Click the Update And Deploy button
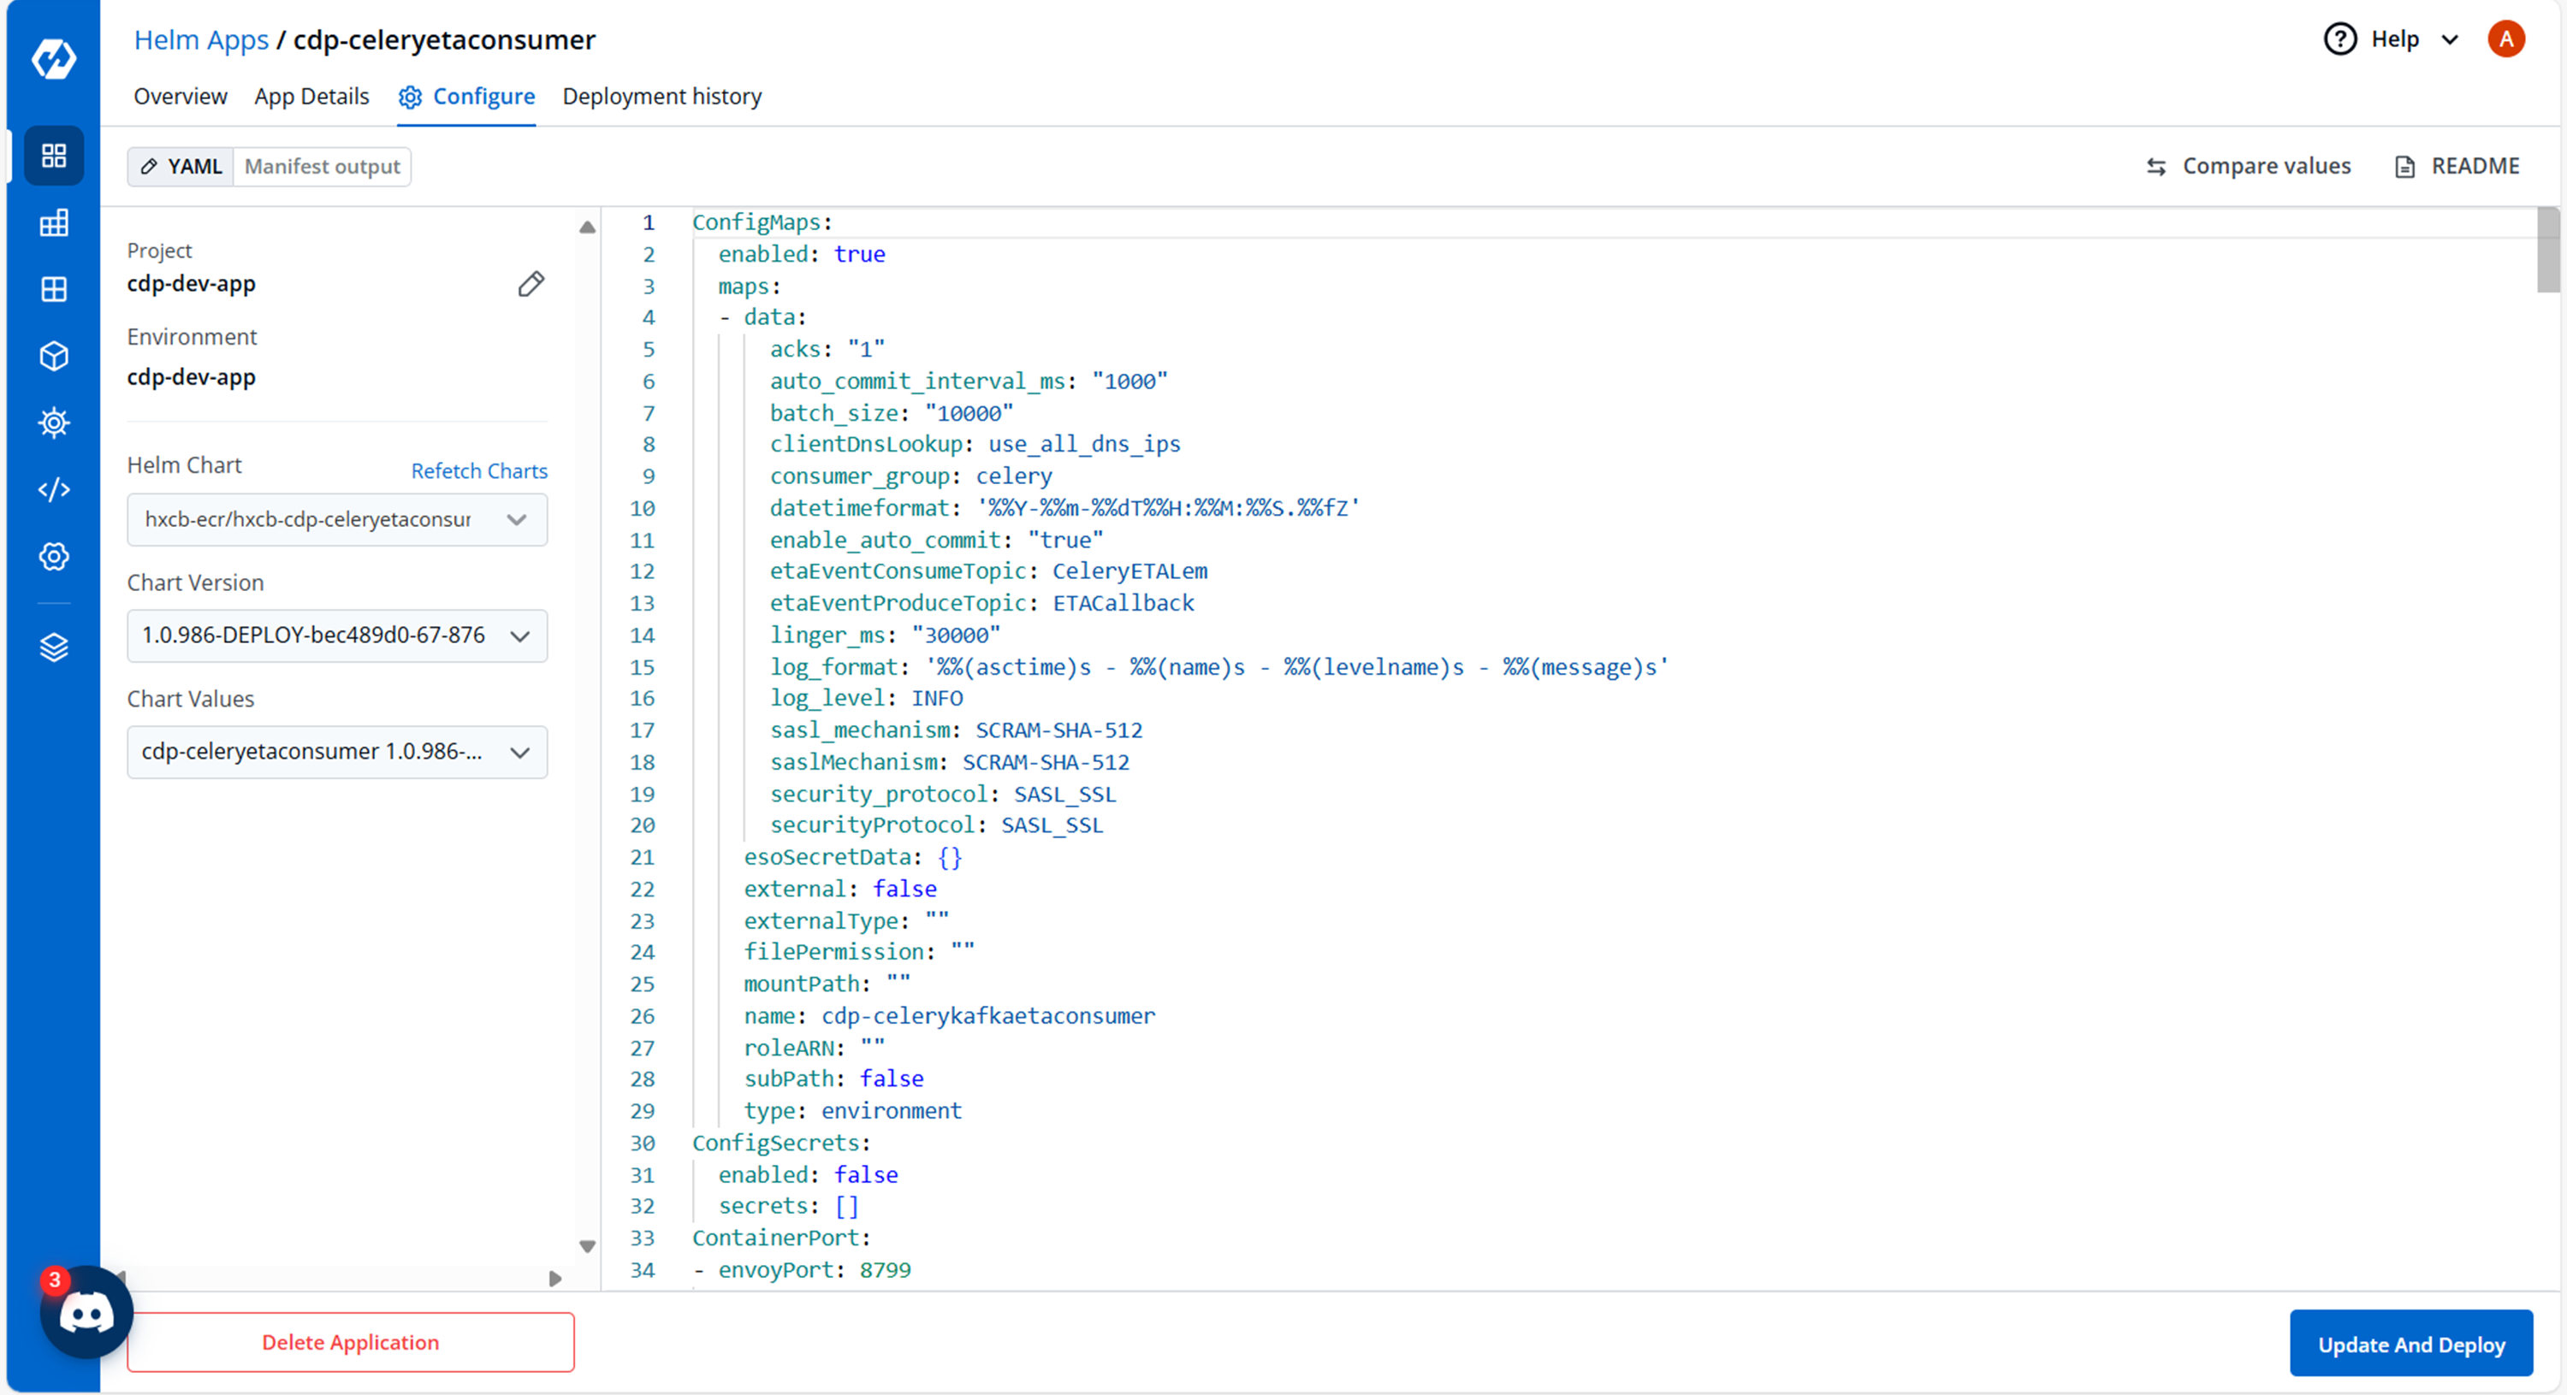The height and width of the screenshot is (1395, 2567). pyautogui.click(x=2410, y=1345)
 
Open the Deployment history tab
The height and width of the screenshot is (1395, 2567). pyautogui.click(x=661, y=97)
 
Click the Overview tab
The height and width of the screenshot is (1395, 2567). pyautogui.click(x=181, y=97)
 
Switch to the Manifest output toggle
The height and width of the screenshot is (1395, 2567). pyautogui.click(x=322, y=167)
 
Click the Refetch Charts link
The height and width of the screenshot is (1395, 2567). pyautogui.click(x=479, y=470)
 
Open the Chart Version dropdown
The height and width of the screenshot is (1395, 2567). pyautogui.click(x=337, y=635)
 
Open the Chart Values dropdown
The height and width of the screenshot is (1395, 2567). pyautogui.click(x=337, y=751)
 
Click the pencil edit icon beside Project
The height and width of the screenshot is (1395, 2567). pyautogui.click(x=531, y=284)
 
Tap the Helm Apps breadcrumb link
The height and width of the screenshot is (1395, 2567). pyautogui.click(x=201, y=40)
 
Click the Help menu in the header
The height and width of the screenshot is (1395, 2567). pyautogui.click(x=2392, y=40)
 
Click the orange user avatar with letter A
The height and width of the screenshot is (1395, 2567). pyautogui.click(x=2505, y=40)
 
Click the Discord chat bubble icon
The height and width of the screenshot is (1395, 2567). pyautogui.click(x=86, y=1313)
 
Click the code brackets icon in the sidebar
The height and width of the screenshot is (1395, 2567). pyautogui.click(x=54, y=489)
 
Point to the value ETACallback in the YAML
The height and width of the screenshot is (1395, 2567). pyautogui.click(x=1123, y=603)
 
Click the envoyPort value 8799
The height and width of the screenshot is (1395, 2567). pyautogui.click(x=885, y=1269)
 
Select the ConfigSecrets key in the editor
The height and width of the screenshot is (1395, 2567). pyautogui.click(x=776, y=1143)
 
